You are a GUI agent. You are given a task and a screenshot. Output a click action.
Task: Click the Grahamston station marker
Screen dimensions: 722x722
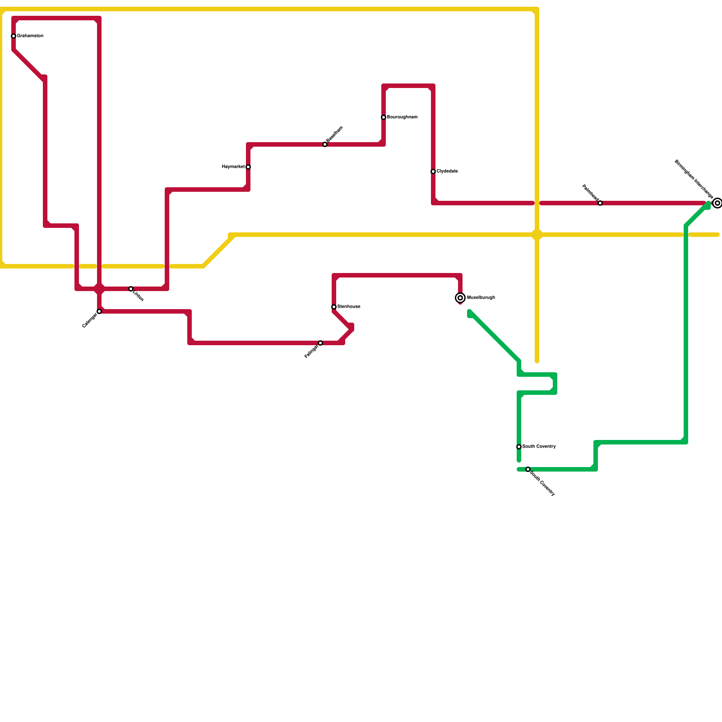coord(14,36)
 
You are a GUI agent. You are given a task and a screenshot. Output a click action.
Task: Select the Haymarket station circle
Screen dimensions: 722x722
coord(248,167)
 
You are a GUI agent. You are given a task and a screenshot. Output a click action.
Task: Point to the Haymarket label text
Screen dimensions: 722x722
coord(233,167)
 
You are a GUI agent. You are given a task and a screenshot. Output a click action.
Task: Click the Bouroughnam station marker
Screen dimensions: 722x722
coord(384,117)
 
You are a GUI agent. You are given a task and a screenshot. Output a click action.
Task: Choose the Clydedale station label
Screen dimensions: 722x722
coord(447,171)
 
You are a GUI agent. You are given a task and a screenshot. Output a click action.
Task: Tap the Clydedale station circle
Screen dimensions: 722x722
coord(433,171)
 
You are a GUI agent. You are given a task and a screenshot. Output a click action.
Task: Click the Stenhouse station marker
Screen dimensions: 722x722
coord(334,307)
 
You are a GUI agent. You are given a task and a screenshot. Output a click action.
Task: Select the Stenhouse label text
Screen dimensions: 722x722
coord(349,307)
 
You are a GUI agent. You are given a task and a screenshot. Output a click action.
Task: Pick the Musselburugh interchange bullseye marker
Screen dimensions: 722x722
coord(460,298)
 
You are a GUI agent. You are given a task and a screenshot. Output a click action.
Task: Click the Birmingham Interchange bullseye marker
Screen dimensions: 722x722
coord(717,203)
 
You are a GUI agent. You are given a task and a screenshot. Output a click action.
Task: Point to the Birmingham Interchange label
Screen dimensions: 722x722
coord(694,179)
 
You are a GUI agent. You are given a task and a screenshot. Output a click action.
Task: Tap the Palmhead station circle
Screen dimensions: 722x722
coord(600,203)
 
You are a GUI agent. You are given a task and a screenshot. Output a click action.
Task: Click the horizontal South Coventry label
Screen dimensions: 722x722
coord(539,447)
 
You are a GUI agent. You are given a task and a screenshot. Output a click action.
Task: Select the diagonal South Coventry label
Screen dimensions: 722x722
coord(542,483)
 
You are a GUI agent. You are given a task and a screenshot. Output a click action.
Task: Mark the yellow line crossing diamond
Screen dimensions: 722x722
coord(537,235)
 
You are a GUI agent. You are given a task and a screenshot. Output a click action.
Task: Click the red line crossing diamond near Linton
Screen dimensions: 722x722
coord(99,289)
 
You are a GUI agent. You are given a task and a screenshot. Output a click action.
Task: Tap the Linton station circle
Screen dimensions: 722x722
coord(131,289)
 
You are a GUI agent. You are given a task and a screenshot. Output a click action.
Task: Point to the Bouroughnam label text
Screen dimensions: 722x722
coord(402,117)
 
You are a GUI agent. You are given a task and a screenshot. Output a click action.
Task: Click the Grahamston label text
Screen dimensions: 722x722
coord(30,36)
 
